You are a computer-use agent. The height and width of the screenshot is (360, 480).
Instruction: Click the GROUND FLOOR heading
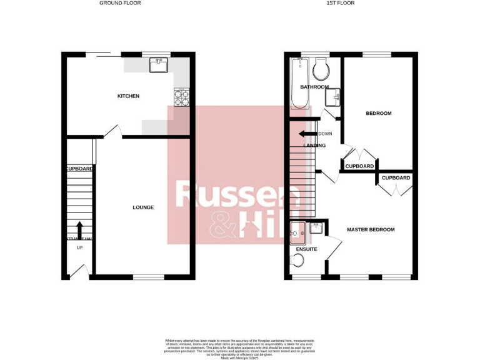point(120,3)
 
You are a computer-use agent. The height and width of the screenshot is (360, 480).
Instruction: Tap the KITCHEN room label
point(129,96)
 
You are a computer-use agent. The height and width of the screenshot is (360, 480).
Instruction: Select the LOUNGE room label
point(143,207)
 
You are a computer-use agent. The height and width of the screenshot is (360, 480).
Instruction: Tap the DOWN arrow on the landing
point(307,134)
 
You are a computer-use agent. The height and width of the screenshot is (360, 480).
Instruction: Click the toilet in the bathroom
point(322,71)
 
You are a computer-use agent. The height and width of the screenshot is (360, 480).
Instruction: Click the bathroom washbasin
point(333,95)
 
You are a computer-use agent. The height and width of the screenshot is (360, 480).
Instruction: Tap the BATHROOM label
point(314,87)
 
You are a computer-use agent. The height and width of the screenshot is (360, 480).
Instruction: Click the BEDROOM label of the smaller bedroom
point(379,113)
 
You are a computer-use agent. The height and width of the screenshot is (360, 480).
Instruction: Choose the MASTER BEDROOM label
point(371,230)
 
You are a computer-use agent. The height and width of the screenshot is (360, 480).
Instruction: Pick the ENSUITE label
point(306,249)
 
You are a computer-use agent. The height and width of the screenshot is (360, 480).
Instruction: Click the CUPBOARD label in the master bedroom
point(396,178)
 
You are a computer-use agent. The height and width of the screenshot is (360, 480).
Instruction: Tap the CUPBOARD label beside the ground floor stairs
point(79,169)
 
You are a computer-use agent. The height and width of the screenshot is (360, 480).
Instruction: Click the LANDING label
point(314,146)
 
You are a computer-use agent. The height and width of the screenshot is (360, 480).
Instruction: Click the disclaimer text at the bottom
point(240,347)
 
